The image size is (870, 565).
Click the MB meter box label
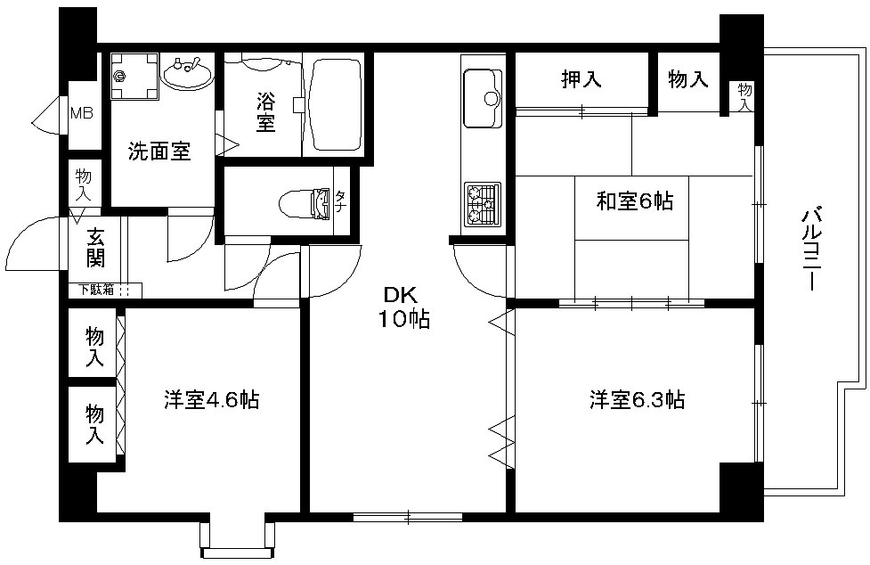click(81, 113)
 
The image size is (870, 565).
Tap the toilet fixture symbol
click(305, 204)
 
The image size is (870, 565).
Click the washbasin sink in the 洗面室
click(188, 73)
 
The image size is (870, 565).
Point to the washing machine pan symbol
click(134, 76)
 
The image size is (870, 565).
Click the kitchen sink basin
click(482, 98)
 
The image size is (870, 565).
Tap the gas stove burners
click(482, 204)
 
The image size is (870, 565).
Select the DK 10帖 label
click(404, 307)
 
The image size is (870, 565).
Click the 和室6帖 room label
click(635, 201)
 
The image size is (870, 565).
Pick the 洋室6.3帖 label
click(637, 399)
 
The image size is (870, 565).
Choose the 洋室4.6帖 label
click(211, 399)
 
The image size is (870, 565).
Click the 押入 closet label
click(581, 79)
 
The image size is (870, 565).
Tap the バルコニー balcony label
click(810, 248)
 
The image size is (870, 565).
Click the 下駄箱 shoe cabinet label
click(95, 289)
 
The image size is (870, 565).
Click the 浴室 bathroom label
click(265, 111)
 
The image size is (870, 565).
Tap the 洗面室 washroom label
click(159, 151)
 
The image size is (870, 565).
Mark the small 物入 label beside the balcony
click(745, 96)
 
